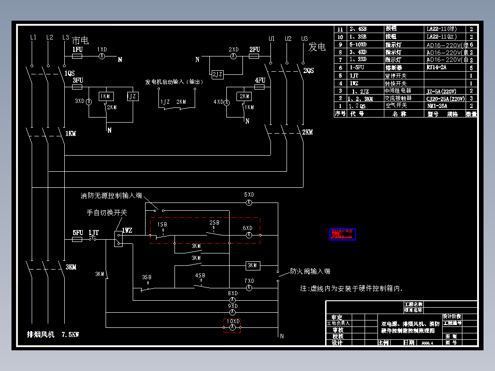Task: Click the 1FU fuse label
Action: pyautogui.click(x=77, y=49)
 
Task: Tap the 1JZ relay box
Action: pyautogui.click(x=132, y=96)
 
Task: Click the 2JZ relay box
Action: pyautogui.click(x=217, y=74)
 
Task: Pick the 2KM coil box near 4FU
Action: pyautogui.click(x=243, y=96)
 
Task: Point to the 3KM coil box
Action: pyautogui.click(x=253, y=265)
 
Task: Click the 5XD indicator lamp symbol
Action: pyautogui.click(x=248, y=202)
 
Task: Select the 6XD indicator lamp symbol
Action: pyautogui.click(x=248, y=235)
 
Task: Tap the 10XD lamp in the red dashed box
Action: pyautogui.click(x=232, y=327)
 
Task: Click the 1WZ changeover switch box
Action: pyautogui.click(x=118, y=239)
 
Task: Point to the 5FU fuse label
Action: pyautogui.click(x=78, y=233)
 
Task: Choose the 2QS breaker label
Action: pyautogui.click(x=308, y=71)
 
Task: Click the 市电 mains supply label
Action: pyautogui.click(x=80, y=41)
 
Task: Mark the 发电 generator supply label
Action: pyautogui.click(x=317, y=46)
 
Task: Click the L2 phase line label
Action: pyautogui.click(x=50, y=38)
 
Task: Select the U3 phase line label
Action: pyautogui.click(x=304, y=39)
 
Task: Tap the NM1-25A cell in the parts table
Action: pyautogui.click(x=437, y=106)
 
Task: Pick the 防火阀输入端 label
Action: pyautogui.click(x=310, y=271)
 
